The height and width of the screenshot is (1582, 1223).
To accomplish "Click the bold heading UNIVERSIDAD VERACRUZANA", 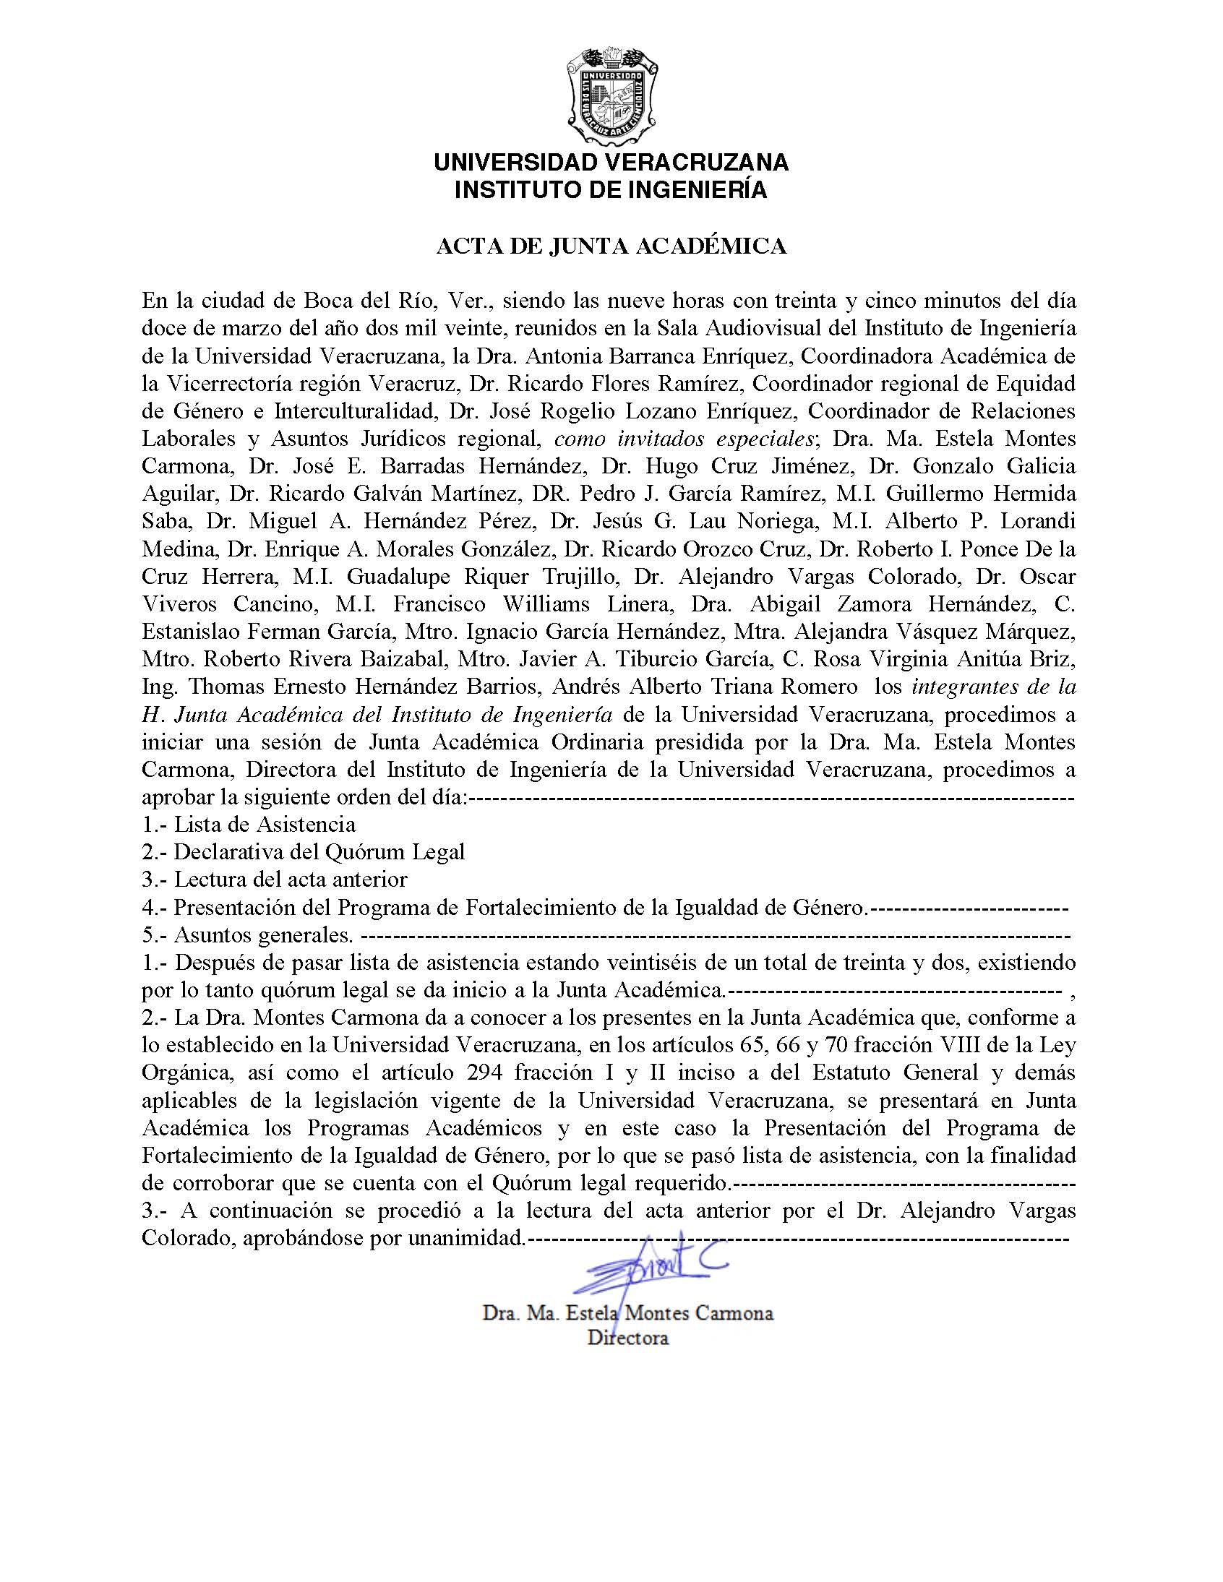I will [611, 163].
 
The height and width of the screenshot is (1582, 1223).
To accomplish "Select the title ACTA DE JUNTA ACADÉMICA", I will [611, 247].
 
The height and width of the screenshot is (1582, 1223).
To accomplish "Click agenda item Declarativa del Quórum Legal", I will [319, 853].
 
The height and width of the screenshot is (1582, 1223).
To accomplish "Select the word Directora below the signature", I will [627, 1338].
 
